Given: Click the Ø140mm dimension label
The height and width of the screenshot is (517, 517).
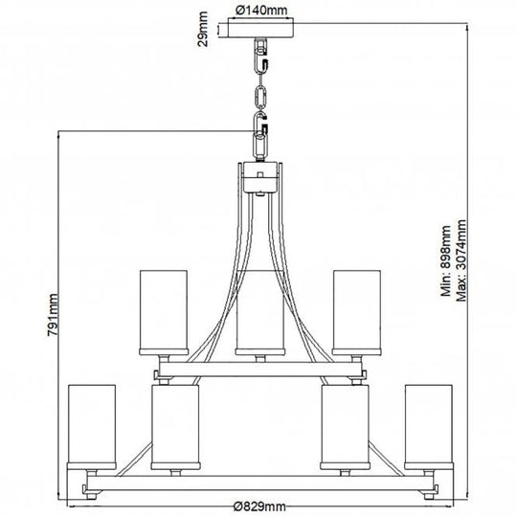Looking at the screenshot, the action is coord(261,11).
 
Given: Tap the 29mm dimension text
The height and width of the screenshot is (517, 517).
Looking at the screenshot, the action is coord(202,29).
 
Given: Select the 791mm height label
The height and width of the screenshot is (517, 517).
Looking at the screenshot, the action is coord(53,315).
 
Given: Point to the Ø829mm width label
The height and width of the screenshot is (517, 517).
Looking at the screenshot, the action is coord(259,506).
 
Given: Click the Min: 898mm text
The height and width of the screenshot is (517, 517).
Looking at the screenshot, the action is coord(446,261).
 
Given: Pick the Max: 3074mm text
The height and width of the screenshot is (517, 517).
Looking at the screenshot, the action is coord(461,260).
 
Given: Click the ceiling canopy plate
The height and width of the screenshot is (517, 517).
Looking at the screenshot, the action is coord(260,28).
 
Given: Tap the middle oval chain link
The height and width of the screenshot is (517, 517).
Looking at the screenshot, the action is coord(260,97).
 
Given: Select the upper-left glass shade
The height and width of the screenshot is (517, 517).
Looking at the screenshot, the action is coord(164,312).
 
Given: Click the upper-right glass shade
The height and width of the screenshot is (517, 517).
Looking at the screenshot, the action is coord(357,312).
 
